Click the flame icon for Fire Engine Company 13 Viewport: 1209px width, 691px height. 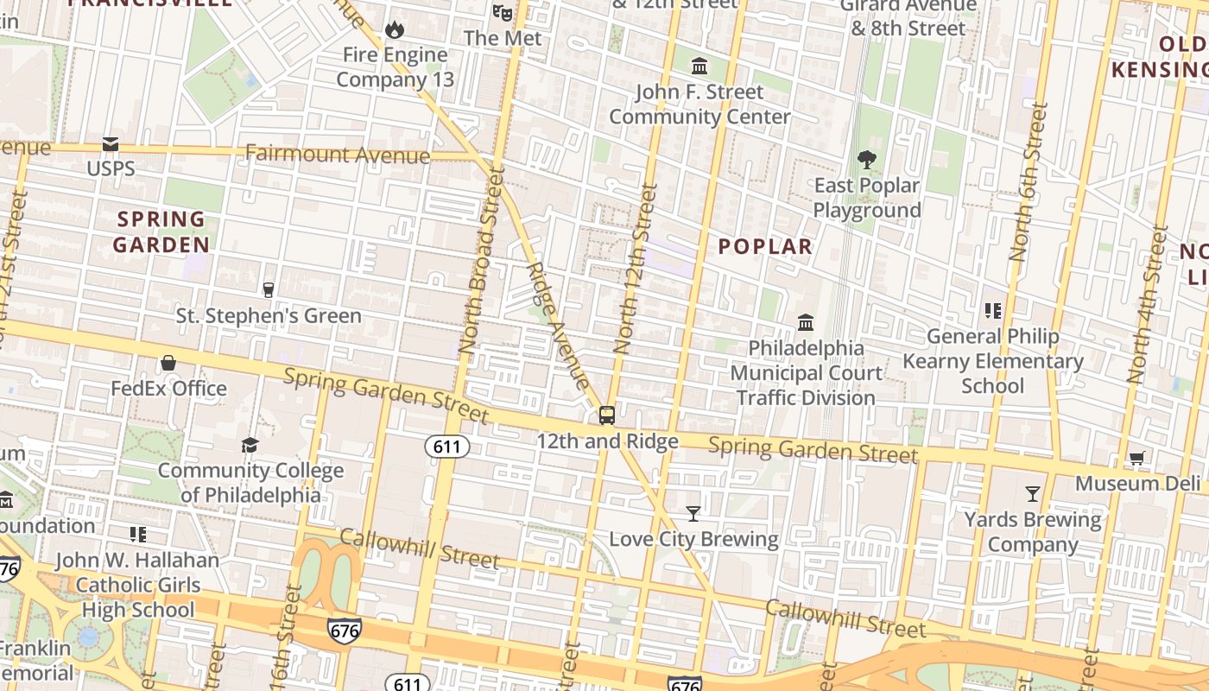395,30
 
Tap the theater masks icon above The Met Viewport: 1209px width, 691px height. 502,12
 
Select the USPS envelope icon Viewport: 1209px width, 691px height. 111,144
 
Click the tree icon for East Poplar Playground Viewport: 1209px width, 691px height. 866,160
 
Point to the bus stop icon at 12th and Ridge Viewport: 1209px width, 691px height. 607,415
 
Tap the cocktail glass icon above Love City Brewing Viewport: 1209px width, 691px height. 693,514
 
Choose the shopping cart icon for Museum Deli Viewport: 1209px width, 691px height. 1136,459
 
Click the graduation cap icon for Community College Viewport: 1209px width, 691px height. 250,445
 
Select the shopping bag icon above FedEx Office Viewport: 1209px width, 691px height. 168,363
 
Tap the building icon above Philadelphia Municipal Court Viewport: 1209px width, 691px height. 806,322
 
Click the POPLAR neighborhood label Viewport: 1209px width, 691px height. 765,247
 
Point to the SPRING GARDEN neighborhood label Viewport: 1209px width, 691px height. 161,231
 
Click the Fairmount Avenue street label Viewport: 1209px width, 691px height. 337,155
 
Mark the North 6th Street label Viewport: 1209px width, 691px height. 1029,182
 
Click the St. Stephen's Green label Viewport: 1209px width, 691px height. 269,316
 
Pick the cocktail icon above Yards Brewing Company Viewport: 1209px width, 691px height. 1032,494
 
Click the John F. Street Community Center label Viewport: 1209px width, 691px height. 699,104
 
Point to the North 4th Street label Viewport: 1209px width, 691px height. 1149,304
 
